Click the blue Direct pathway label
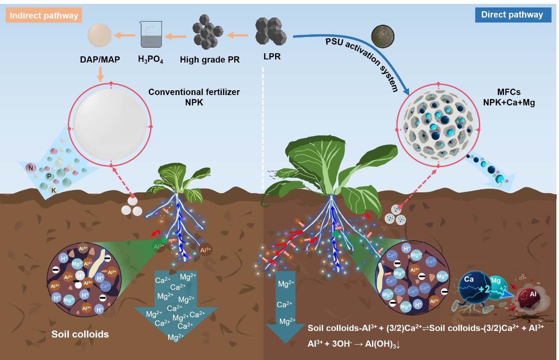[512, 15]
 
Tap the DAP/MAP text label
[100, 59]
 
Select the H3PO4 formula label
[151, 60]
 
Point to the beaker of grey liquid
[151, 35]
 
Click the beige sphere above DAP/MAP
[100, 35]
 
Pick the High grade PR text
[210, 59]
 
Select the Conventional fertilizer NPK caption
[194, 97]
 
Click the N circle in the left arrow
[31, 168]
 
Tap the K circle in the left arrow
[53, 190]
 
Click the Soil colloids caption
[80, 334]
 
